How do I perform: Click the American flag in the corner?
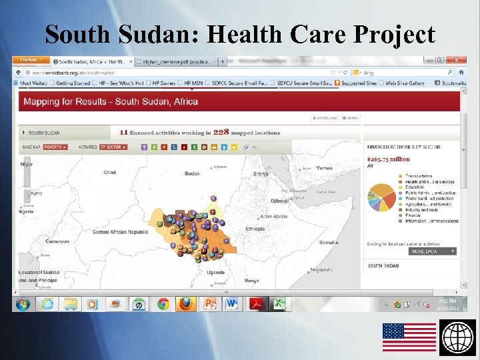(409, 337)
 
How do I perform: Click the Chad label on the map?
(109, 173)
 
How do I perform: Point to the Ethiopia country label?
(255, 229)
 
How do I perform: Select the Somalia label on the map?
(328, 242)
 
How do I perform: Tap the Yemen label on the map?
(324, 168)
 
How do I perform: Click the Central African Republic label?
(120, 232)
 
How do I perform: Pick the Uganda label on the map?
(215, 272)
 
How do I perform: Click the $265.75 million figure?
(388, 159)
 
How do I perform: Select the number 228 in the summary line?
(221, 132)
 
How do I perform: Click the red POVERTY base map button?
(55, 147)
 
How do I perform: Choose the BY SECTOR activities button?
(111, 147)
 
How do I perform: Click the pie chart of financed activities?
(381, 194)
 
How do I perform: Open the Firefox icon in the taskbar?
(186, 304)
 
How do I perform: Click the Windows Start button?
(23, 304)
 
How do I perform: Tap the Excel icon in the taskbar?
(280, 304)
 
